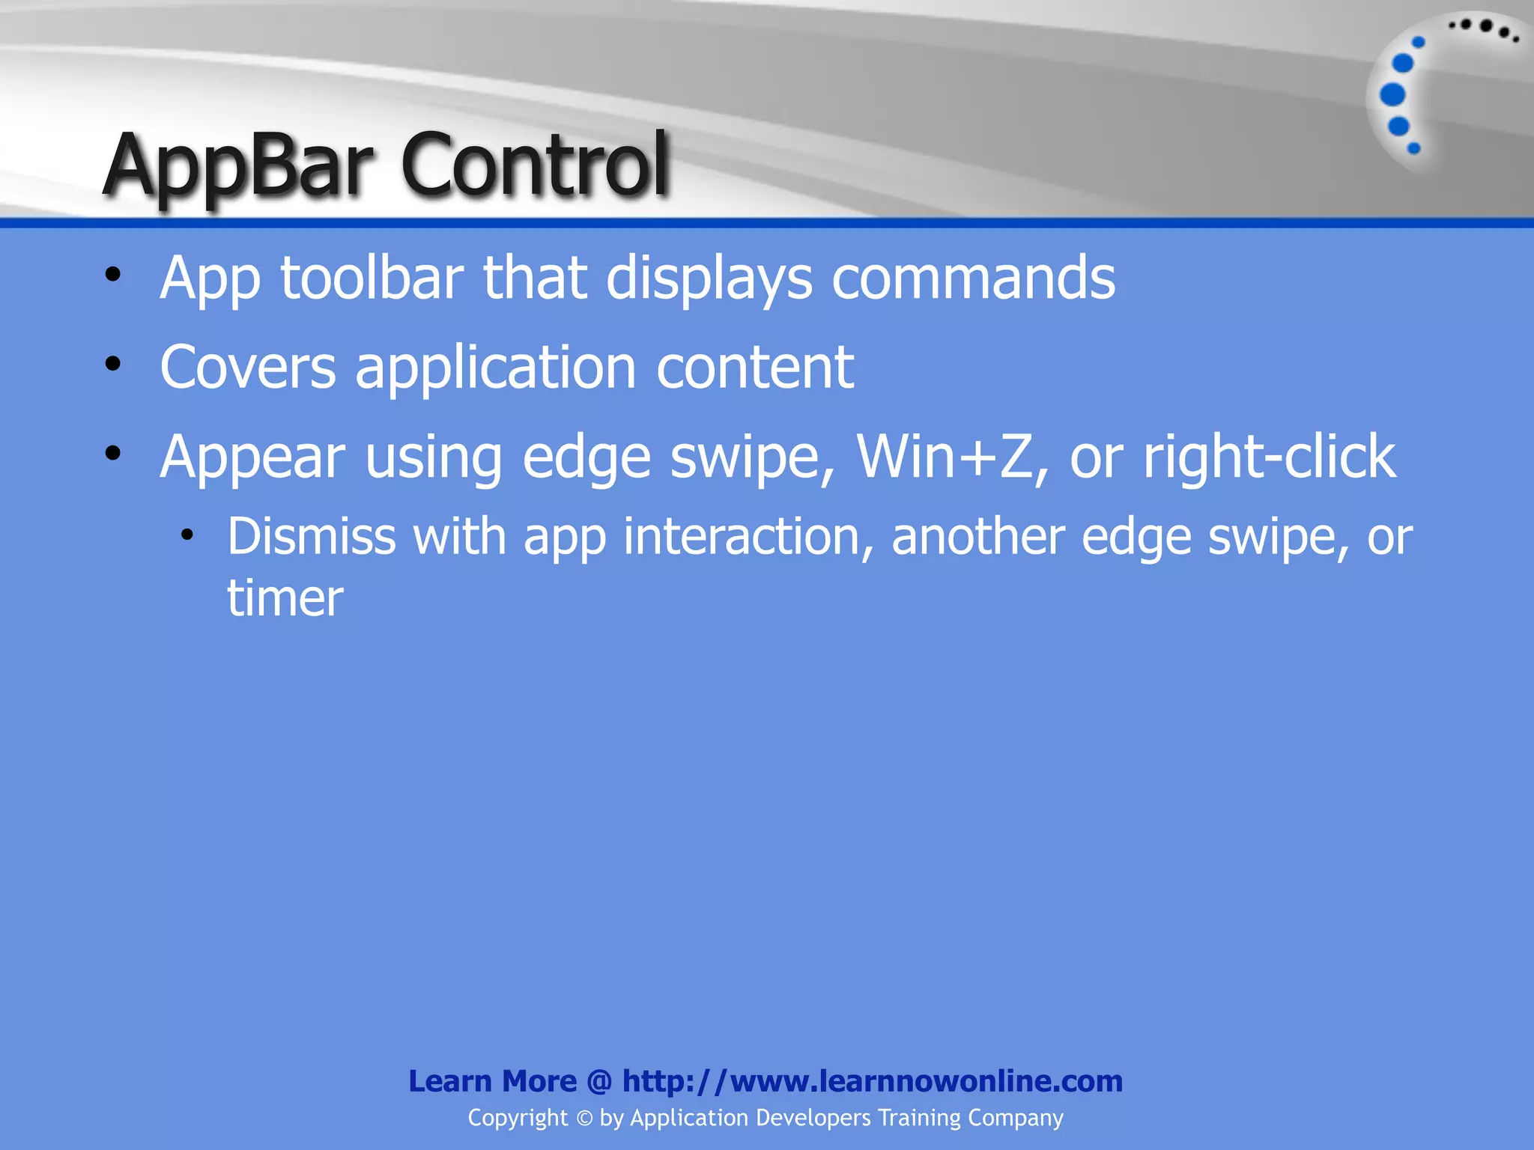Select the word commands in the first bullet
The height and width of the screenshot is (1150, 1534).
point(974,279)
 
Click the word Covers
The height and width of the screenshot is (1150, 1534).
point(248,368)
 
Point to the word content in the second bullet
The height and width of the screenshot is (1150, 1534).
point(755,368)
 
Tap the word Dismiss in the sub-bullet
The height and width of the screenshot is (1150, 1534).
point(311,537)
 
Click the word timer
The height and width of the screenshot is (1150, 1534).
point(285,598)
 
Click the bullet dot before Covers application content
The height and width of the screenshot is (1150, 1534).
point(113,365)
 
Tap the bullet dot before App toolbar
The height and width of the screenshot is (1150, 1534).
point(113,275)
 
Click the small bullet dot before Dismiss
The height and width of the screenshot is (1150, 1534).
point(187,535)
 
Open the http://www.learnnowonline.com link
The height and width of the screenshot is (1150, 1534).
point(872,1081)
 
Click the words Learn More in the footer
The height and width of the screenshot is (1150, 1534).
point(492,1081)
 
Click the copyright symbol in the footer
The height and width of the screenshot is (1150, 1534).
point(584,1119)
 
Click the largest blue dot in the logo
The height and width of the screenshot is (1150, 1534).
point(1392,95)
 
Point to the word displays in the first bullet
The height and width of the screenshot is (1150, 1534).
point(709,279)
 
